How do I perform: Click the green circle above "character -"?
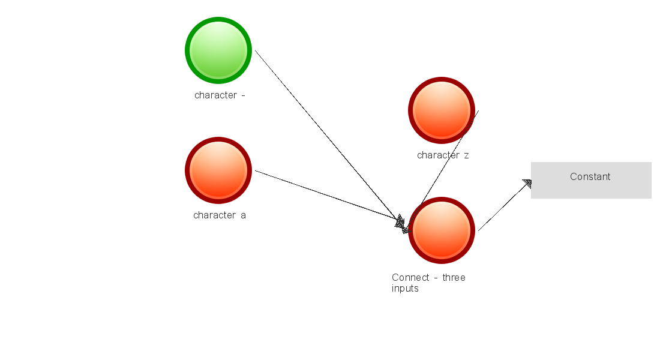218,50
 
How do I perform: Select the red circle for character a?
218,170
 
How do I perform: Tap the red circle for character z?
442,110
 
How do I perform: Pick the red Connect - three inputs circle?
442,230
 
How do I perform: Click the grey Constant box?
591,180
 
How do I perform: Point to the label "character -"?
220,95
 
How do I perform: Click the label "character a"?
220,215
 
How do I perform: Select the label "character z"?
443,155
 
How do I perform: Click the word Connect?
411,277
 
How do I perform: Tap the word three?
454,277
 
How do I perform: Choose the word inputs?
405,288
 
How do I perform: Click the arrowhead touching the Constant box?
527,183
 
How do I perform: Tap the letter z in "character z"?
466,155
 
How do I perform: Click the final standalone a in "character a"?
243,215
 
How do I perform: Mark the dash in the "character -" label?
242,95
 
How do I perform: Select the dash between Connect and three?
436,278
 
